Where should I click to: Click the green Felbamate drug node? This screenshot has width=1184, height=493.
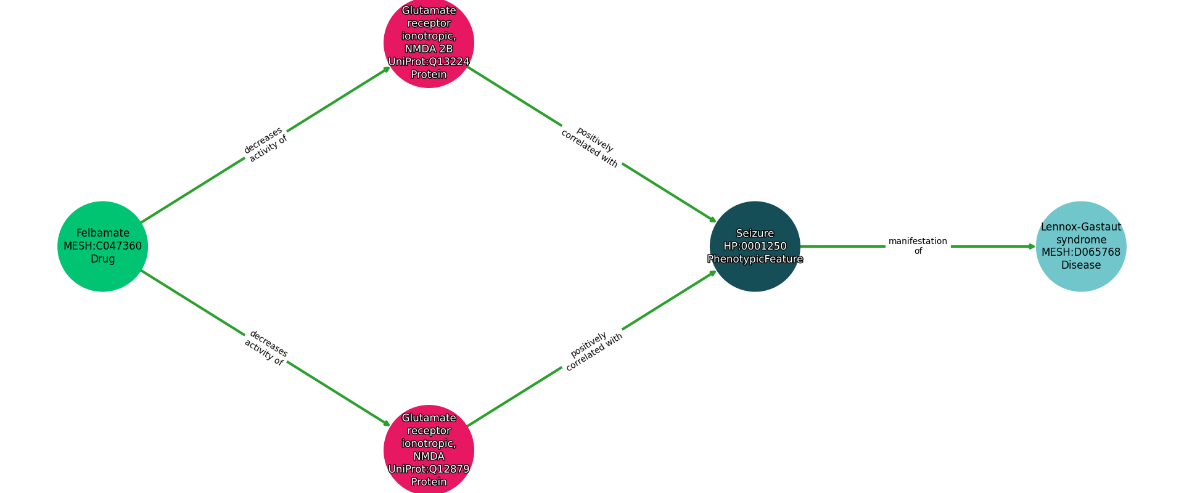pyautogui.click(x=102, y=246)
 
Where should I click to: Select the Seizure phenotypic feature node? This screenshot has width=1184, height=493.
pyautogui.click(x=755, y=246)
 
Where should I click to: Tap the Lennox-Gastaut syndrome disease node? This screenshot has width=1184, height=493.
pyautogui.click(x=1080, y=246)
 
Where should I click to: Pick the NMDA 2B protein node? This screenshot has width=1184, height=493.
pyautogui.click(x=429, y=43)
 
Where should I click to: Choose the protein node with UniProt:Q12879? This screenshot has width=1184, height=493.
pyautogui.click(x=429, y=449)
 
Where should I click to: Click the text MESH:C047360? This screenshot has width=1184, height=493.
pyautogui.click(x=102, y=246)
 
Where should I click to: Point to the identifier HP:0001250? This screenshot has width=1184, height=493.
pyautogui.click(x=755, y=246)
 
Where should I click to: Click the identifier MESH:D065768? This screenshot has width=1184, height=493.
pyautogui.click(x=1080, y=252)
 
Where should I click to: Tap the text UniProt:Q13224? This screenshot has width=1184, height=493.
pyautogui.click(x=429, y=62)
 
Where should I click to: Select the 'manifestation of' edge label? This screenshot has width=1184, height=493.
pyautogui.click(x=918, y=246)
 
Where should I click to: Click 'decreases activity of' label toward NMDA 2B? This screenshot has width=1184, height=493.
pyautogui.click(x=266, y=145)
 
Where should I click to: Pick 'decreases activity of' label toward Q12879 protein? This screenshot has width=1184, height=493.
pyautogui.click(x=266, y=348)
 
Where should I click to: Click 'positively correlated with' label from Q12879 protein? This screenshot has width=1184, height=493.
pyautogui.click(x=593, y=351)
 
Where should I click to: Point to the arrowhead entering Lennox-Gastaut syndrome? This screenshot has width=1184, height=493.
pyautogui.click(x=1032, y=246)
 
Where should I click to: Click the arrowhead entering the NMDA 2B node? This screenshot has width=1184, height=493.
pyautogui.click(x=387, y=69)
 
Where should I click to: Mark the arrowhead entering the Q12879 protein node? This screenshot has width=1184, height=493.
pyautogui.click(x=387, y=423)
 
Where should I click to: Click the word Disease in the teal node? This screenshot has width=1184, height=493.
pyautogui.click(x=1080, y=265)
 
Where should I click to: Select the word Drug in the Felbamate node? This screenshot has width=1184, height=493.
pyautogui.click(x=102, y=259)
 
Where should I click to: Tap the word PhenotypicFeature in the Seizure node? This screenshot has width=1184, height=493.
pyautogui.click(x=755, y=259)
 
